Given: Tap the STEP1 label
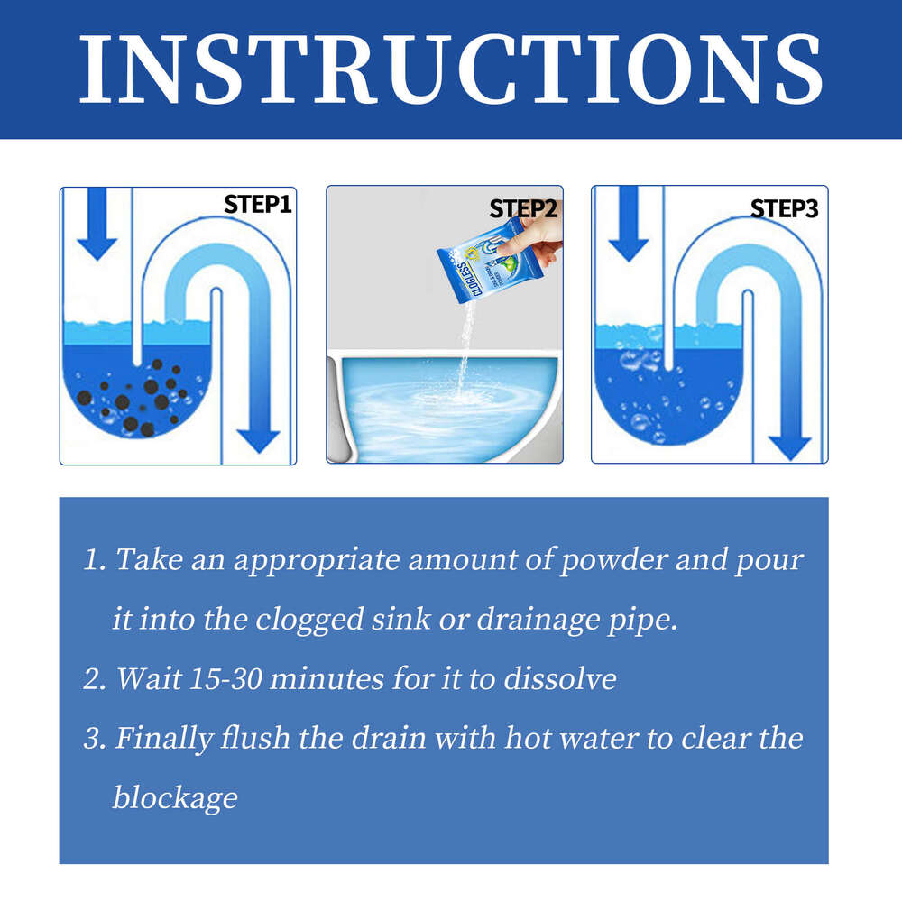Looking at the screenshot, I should pyautogui.click(x=258, y=205).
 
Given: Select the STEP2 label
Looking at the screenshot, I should pyautogui.click(x=524, y=209).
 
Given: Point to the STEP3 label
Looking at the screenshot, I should pyautogui.click(x=785, y=209).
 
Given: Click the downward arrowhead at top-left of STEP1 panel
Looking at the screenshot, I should pyautogui.click(x=97, y=244).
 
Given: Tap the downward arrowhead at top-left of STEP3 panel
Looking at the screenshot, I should pyautogui.click(x=629, y=244).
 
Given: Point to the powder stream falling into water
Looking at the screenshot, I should pyautogui.click(x=464, y=352).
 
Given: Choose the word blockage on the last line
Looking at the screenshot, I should pyautogui.click(x=175, y=797).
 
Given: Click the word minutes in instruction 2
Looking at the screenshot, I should pyautogui.click(x=327, y=678).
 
